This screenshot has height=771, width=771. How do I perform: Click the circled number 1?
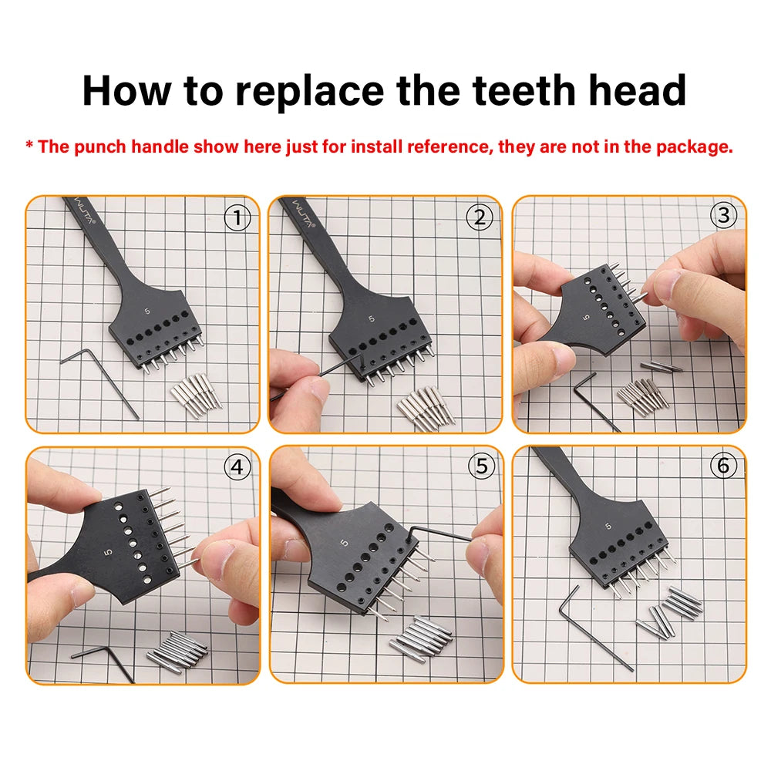pos(237,217)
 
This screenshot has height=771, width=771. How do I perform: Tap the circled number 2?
pos(480,217)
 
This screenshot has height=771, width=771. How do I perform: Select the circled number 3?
pos(723,215)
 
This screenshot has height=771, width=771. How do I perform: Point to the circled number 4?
pos(237,466)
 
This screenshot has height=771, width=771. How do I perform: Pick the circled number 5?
pos(481,466)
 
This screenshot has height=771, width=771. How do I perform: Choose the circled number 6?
pos(723,465)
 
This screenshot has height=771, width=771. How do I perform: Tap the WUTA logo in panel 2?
pos(304,214)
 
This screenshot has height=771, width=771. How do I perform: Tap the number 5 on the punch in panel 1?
pos(147,311)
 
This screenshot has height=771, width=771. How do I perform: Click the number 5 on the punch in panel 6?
pos(608,526)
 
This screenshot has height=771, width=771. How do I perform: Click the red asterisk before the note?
pos(29,145)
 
